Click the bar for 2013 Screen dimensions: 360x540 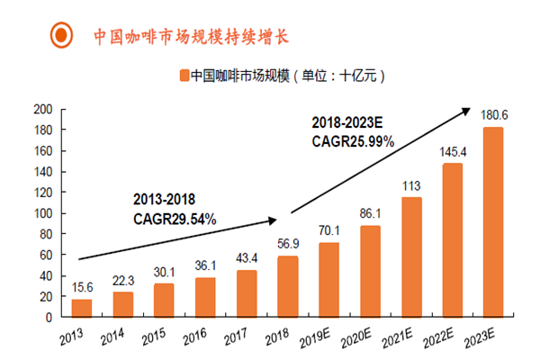pos(82,308)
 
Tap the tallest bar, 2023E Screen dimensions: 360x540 pos(493,222)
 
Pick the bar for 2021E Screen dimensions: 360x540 pos(411,257)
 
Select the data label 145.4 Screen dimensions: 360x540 pos(453,152)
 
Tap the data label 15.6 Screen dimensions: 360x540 pos(82,288)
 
